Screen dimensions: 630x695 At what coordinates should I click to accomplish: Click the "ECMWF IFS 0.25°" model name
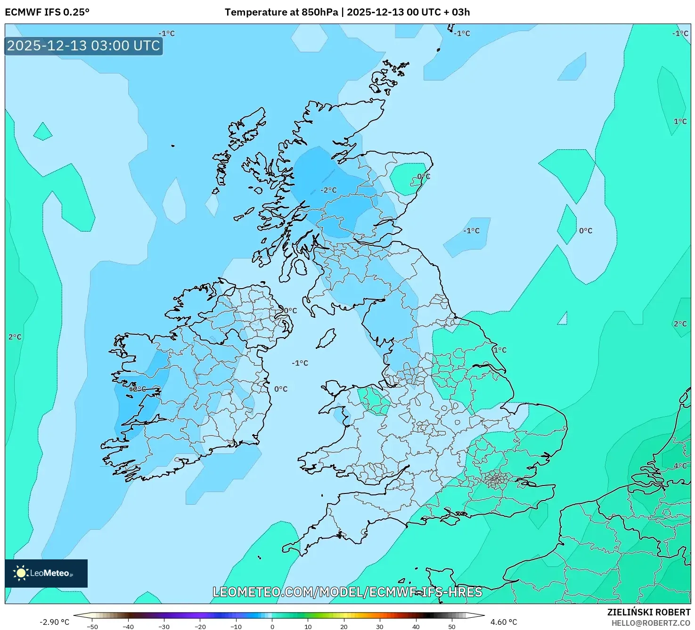[47, 12]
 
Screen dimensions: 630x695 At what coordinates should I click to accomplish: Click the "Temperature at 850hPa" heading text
[281, 12]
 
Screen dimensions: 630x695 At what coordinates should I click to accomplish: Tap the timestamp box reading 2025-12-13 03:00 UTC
[83, 46]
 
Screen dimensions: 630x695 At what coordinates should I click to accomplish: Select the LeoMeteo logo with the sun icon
[46, 573]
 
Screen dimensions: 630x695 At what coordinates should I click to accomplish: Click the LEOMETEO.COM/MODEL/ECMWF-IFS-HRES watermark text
[347, 592]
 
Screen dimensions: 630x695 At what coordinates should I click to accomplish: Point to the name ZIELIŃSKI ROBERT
[648, 612]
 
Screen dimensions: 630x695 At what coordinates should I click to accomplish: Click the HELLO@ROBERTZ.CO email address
[651, 623]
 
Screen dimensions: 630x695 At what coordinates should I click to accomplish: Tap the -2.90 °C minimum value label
[54, 622]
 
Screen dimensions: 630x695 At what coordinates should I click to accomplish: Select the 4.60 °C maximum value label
[504, 622]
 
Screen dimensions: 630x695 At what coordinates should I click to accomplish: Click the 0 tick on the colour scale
[272, 626]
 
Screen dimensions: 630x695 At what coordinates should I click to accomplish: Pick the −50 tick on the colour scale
[92, 626]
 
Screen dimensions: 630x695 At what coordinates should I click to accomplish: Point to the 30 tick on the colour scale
[380, 626]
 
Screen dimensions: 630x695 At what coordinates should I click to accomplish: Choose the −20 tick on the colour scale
[200, 626]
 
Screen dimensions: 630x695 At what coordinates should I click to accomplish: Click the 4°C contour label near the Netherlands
[680, 466]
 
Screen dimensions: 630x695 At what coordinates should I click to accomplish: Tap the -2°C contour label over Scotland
[329, 190]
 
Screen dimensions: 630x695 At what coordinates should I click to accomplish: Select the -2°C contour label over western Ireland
[138, 389]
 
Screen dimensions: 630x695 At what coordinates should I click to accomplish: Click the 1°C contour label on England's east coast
[500, 350]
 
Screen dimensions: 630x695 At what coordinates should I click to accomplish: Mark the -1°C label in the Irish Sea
[300, 363]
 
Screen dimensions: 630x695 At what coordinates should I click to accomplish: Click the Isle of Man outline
[326, 339]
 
